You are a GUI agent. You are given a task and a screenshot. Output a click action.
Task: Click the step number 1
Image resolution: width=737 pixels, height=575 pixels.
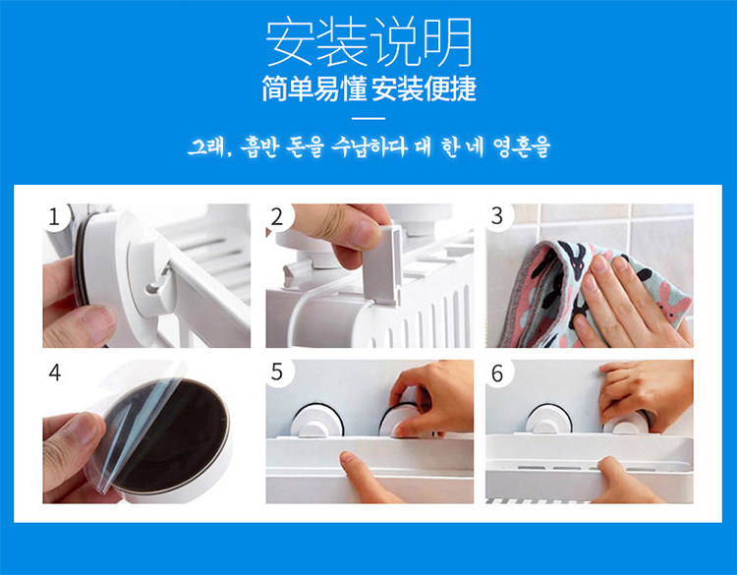click(x=54, y=217)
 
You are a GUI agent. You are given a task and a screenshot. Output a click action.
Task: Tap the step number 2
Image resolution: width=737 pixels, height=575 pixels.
click(x=277, y=217)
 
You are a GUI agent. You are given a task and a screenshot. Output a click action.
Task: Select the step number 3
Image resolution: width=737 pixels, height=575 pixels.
click(x=497, y=216)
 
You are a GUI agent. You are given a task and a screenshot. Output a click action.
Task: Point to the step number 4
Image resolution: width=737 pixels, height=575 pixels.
click(x=55, y=373)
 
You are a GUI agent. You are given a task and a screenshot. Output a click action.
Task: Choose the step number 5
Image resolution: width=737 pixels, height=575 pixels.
click(x=277, y=372)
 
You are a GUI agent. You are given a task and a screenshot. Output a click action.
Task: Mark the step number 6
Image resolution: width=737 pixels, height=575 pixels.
click(x=497, y=374)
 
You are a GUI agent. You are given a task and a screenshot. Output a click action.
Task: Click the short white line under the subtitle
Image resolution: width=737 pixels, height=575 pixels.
click(x=368, y=119)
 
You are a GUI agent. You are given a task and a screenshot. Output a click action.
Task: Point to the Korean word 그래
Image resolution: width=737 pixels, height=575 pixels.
click(x=206, y=147)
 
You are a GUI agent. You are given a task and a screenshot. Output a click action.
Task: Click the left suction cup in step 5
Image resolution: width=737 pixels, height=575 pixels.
click(x=317, y=420)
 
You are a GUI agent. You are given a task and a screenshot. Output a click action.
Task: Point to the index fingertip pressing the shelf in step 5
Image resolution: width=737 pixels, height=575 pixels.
click(x=348, y=457)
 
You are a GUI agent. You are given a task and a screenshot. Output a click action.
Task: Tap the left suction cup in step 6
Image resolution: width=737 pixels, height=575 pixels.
click(x=546, y=420)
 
